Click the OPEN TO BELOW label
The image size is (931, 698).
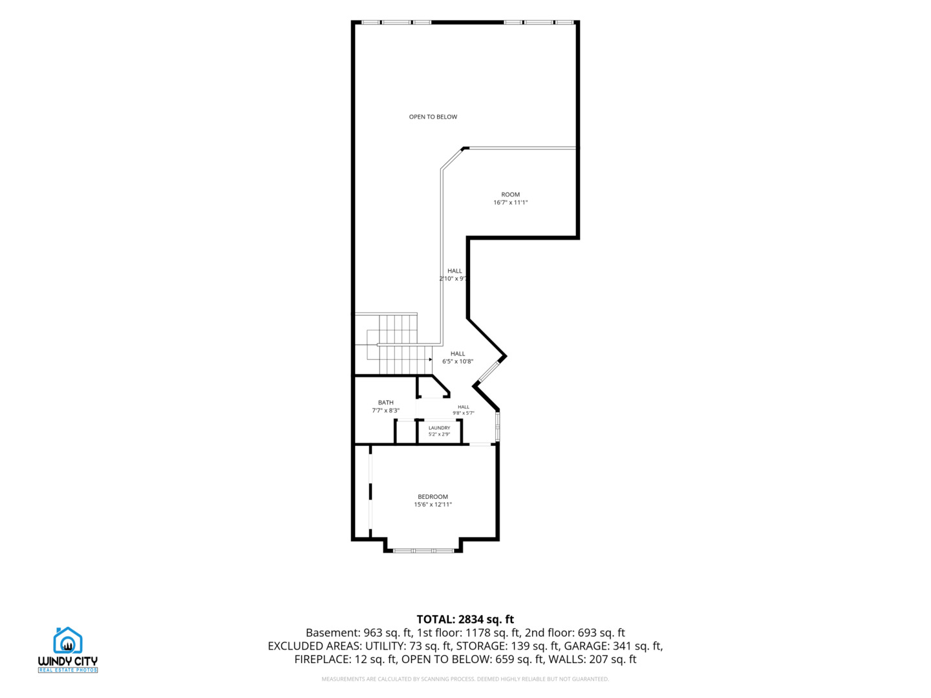(433, 116)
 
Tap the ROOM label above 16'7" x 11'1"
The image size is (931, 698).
(510, 195)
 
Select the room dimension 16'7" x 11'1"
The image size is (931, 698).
(510, 202)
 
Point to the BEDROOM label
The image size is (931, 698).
(433, 497)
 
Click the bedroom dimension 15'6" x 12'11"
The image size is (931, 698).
(433, 504)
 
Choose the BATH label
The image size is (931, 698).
(385, 403)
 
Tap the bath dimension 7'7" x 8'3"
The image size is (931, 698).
(385, 410)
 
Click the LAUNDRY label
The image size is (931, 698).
(439, 428)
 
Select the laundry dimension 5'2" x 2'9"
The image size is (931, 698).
(439, 434)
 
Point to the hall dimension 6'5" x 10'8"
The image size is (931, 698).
(458, 361)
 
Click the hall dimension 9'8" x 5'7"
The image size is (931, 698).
(463, 413)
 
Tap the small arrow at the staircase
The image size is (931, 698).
(430, 359)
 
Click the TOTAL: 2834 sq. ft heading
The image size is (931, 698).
(465, 619)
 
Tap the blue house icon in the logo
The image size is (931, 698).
(67, 640)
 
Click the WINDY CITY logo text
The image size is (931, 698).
(68, 661)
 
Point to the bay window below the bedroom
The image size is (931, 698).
(423, 551)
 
